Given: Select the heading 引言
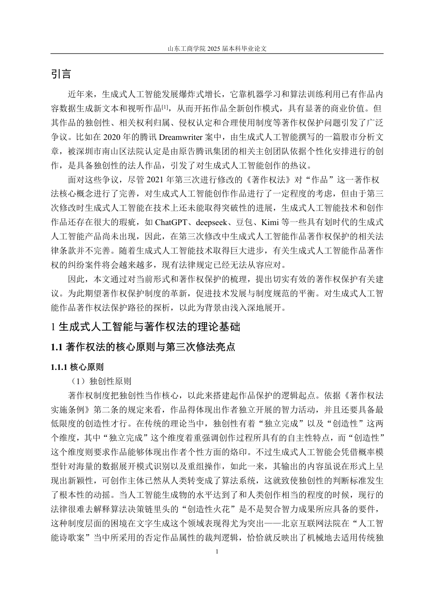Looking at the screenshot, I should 61,74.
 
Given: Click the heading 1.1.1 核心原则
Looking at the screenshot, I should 77,367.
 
